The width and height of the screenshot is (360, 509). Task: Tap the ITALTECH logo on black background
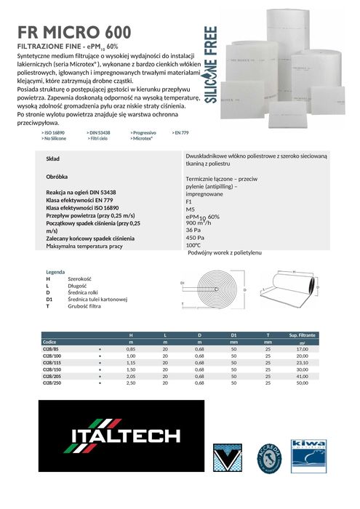[x=124, y=436]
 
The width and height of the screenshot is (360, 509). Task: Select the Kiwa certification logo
[x=307, y=454]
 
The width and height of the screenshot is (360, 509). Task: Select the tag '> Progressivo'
[x=143, y=132]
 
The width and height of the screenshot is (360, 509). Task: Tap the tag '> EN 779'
[x=180, y=132]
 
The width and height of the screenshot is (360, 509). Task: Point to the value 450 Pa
[x=195, y=238]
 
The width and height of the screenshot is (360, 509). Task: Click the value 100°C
[x=193, y=245]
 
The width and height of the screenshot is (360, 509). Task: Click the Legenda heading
[x=56, y=272]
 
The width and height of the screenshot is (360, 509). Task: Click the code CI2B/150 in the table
[x=54, y=369]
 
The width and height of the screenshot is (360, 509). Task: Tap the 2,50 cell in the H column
[x=132, y=382]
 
